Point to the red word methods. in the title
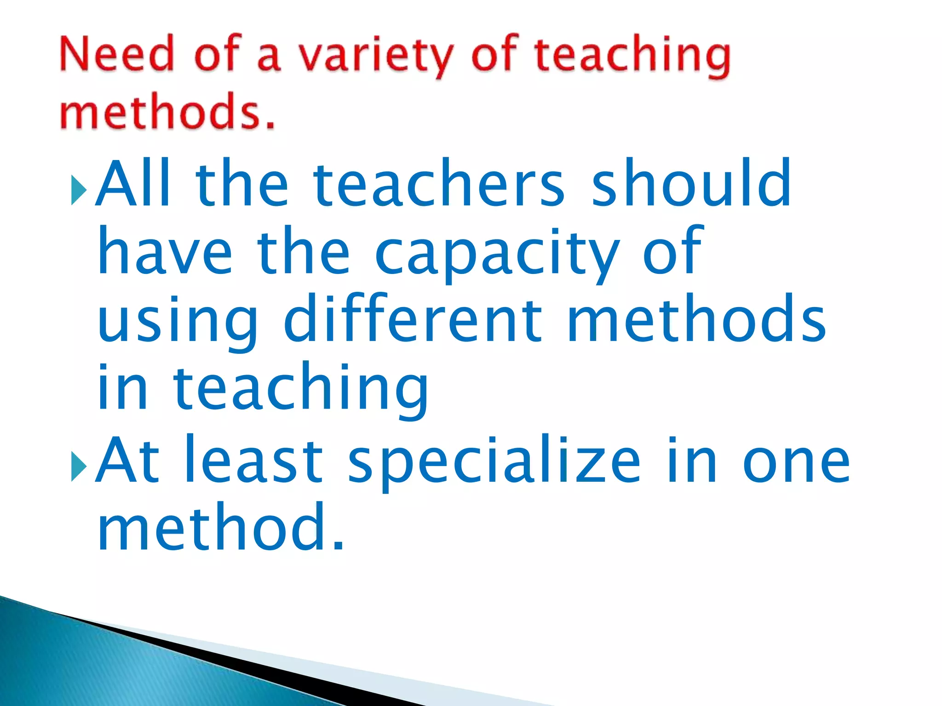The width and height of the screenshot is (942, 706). point(167,111)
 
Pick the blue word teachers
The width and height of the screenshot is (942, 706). point(439,183)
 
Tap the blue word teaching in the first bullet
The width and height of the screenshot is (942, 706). point(301,388)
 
